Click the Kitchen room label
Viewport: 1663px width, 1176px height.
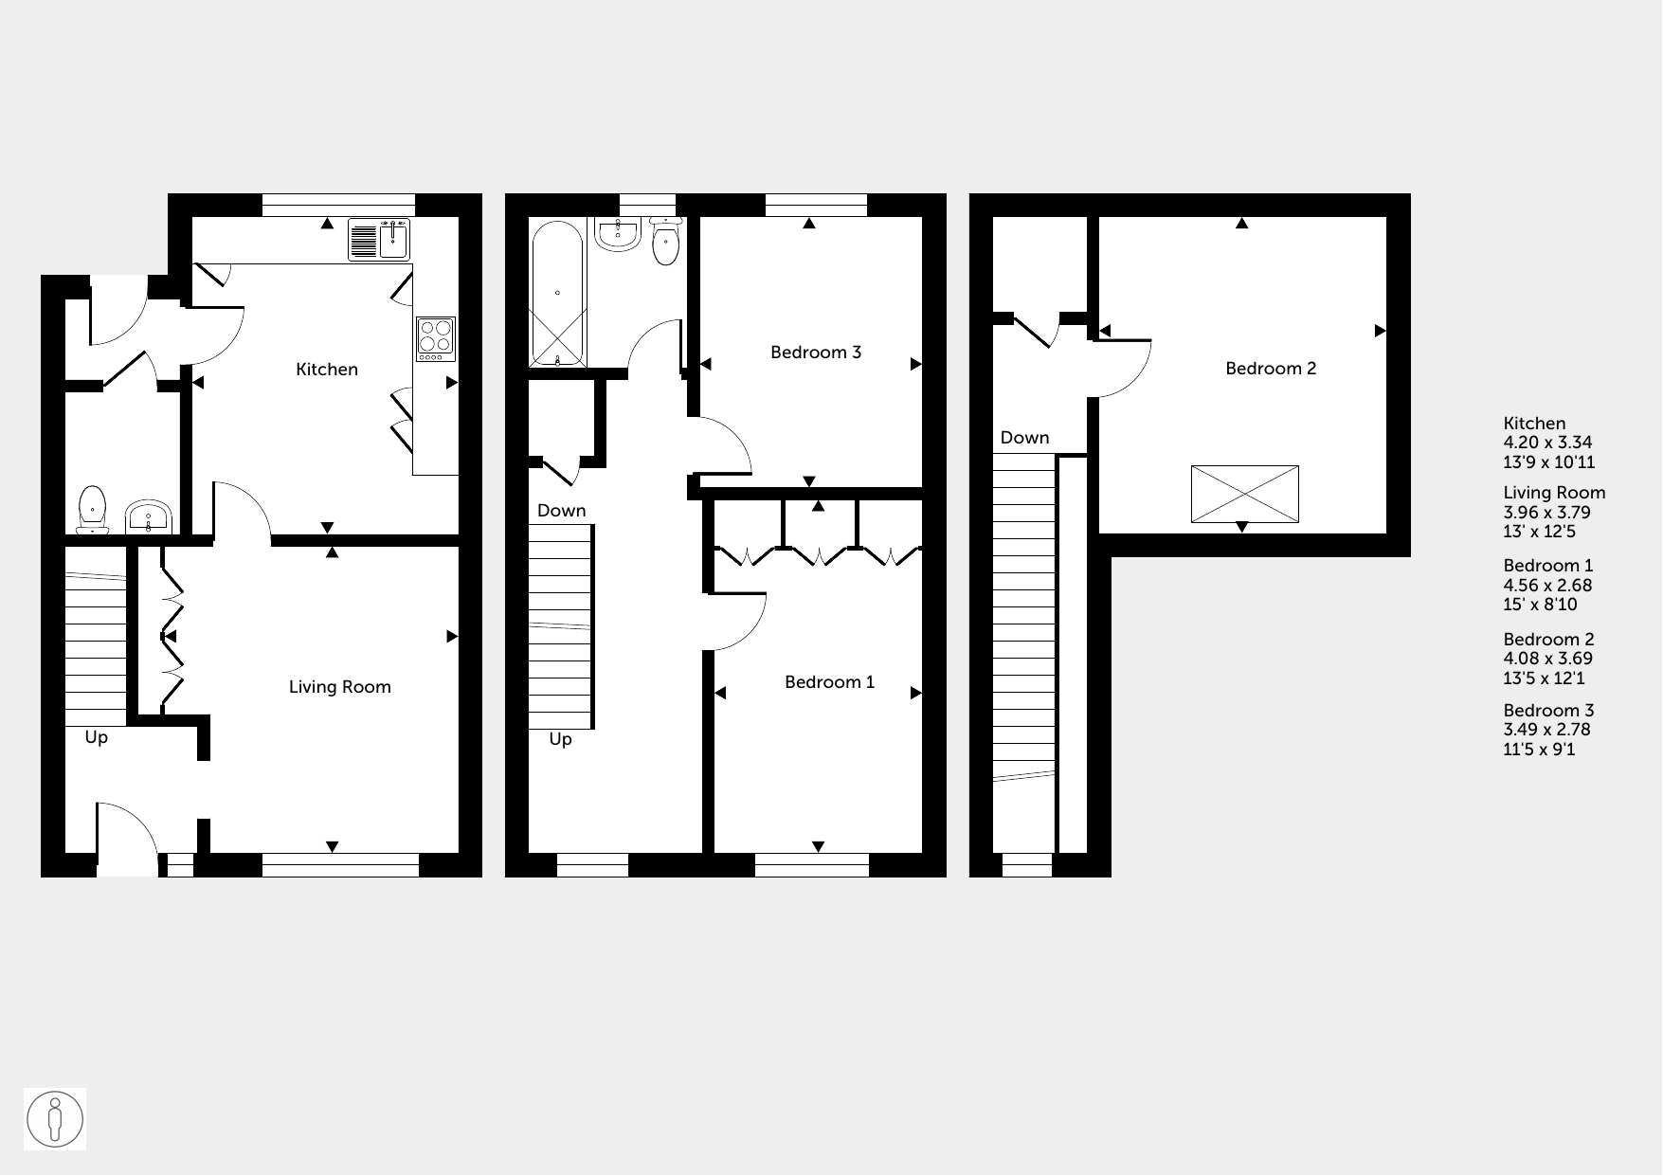(x=327, y=370)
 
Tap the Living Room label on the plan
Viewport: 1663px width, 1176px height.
(x=340, y=687)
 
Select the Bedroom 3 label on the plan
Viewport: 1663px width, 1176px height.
(x=816, y=353)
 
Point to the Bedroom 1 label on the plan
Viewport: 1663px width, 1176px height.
(x=830, y=682)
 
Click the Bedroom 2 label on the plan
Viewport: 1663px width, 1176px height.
(x=1271, y=369)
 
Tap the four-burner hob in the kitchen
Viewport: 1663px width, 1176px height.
(x=436, y=338)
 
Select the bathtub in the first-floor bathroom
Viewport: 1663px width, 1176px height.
(x=557, y=294)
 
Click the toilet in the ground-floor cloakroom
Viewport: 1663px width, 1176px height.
(x=92, y=510)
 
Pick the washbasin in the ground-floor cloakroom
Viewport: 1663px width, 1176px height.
(x=148, y=516)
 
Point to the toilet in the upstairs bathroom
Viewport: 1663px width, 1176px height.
(x=667, y=242)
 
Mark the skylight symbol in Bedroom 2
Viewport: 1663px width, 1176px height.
(x=1244, y=494)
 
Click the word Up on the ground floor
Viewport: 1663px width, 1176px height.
(x=97, y=737)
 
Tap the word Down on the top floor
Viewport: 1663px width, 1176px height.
(x=1025, y=438)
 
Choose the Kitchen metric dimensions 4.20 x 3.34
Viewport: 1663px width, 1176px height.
(x=1547, y=443)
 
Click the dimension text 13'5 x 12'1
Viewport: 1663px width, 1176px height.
(x=1544, y=678)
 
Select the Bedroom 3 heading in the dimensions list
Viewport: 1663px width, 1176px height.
(x=1548, y=711)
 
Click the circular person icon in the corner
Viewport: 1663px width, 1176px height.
(x=55, y=1119)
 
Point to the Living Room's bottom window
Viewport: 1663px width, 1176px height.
(x=340, y=865)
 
